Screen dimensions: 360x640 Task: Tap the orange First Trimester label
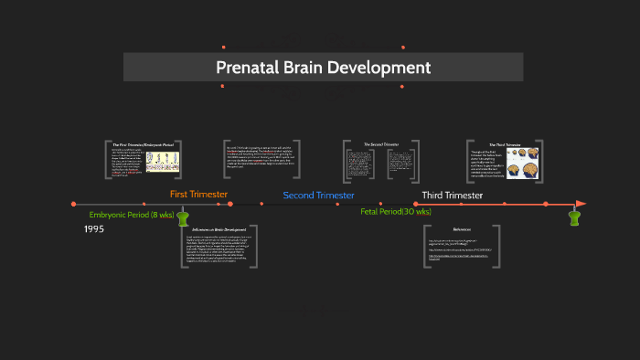pos(198,194)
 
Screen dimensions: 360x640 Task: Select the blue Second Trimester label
pos(318,196)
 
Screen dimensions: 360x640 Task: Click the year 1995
pos(94,228)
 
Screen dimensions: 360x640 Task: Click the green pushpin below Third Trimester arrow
pos(574,217)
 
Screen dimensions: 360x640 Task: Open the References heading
pos(462,229)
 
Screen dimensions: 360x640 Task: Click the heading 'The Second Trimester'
pos(381,144)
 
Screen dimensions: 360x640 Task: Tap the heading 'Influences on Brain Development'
pos(219,229)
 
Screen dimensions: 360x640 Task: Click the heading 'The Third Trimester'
pos(504,144)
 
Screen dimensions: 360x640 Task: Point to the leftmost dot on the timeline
pos(73,204)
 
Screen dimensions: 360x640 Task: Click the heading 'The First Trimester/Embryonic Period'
pos(143,144)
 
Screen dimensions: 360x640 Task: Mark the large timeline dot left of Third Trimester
pos(416,204)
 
